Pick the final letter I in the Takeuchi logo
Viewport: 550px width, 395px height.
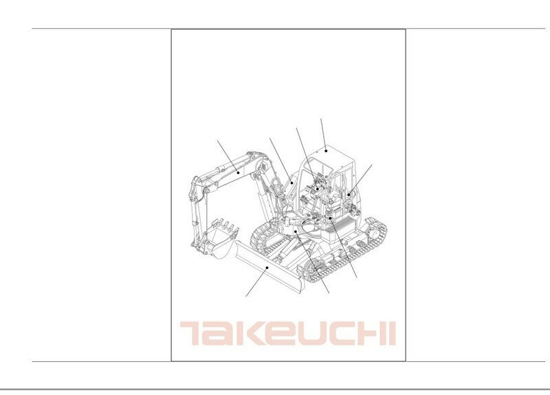coord(393,333)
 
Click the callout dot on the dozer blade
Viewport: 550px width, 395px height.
coord(267,268)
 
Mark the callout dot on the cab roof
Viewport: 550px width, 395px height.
coord(326,151)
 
